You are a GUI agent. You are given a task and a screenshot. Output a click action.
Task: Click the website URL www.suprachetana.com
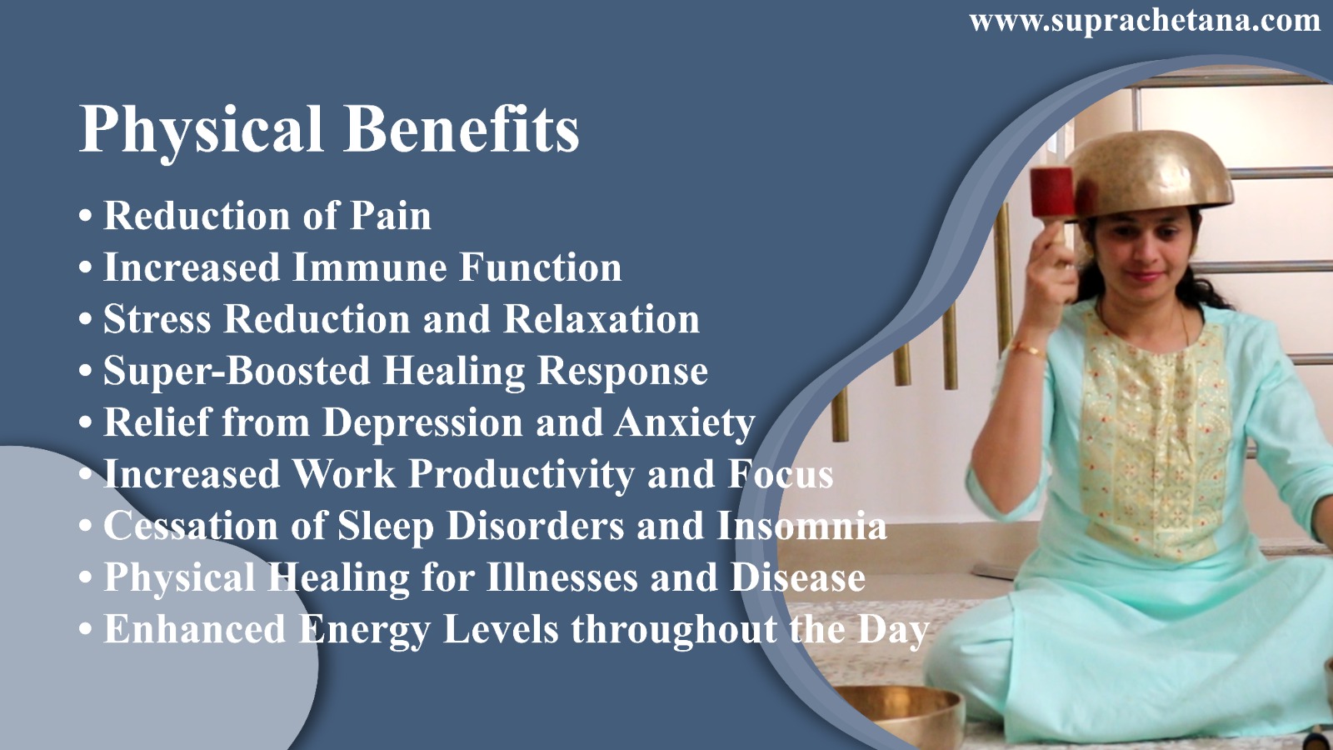[x=1146, y=22]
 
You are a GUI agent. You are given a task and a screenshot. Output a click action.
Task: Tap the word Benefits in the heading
[x=462, y=128]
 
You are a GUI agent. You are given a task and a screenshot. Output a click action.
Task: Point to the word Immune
[x=370, y=267]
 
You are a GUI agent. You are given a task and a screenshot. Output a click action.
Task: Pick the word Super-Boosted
[x=237, y=370]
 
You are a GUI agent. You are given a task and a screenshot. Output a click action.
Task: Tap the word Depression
[x=423, y=423]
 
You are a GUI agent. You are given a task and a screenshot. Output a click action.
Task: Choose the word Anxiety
[x=685, y=423]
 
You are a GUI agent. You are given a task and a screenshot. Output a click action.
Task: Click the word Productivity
[x=522, y=475]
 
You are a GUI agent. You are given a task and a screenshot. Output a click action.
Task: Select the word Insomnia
[x=802, y=526]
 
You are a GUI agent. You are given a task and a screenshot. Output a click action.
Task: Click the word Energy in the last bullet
[x=364, y=630]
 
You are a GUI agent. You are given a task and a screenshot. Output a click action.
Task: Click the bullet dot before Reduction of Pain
[x=86, y=216]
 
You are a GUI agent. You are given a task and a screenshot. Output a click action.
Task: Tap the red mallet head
[x=1052, y=192]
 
